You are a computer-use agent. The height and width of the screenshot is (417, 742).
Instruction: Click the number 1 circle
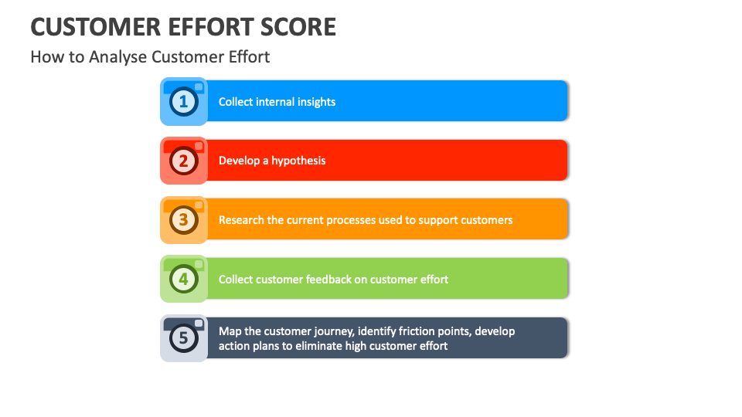pyautogui.click(x=183, y=101)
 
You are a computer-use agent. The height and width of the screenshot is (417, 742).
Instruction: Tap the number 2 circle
pyautogui.click(x=183, y=161)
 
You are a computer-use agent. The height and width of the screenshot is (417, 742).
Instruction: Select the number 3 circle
pyautogui.click(x=183, y=220)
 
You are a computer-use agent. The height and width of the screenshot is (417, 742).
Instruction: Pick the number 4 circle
pyautogui.click(x=183, y=279)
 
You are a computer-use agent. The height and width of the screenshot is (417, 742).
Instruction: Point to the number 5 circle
pyautogui.click(x=183, y=338)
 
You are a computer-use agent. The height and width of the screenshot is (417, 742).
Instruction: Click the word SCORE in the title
pyautogui.click(x=298, y=27)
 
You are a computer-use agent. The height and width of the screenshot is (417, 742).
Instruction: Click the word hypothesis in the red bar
pyautogui.click(x=298, y=161)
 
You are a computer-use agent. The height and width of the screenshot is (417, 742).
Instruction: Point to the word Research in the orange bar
pyautogui.click(x=241, y=220)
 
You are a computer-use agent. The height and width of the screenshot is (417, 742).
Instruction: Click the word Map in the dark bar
pyautogui.click(x=230, y=331)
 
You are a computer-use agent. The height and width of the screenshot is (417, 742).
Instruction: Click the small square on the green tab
pyautogui.click(x=199, y=264)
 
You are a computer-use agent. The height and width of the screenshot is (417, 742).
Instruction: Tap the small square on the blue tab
pyautogui.click(x=199, y=86)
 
